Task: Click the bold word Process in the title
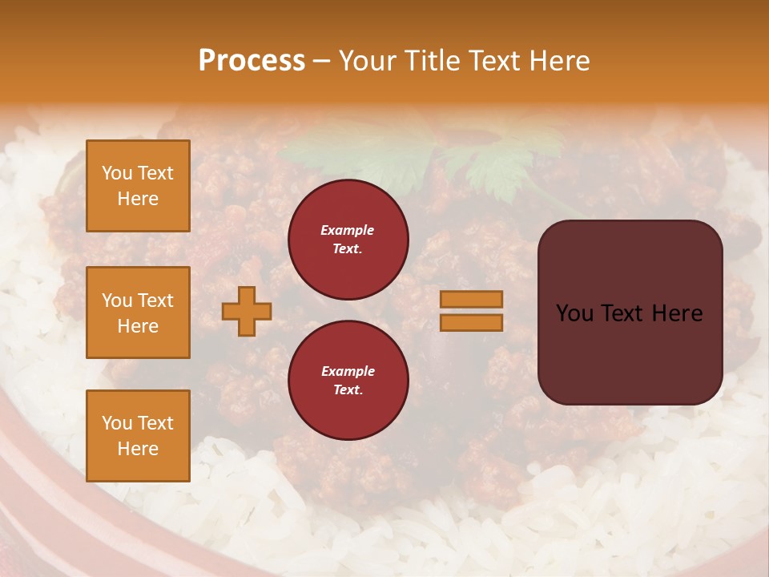click(252, 61)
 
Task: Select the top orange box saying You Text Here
click(138, 186)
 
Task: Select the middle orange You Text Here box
click(138, 313)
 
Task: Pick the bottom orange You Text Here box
click(138, 436)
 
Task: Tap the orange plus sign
click(246, 311)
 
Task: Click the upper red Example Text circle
click(348, 239)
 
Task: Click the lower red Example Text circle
click(348, 380)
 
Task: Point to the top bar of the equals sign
click(471, 299)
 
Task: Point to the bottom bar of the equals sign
click(471, 322)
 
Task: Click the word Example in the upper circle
click(347, 230)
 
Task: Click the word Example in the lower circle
click(348, 371)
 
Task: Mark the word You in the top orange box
click(116, 173)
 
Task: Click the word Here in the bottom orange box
click(138, 449)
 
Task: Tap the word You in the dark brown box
click(574, 313)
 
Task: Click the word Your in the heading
click(367, 61)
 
